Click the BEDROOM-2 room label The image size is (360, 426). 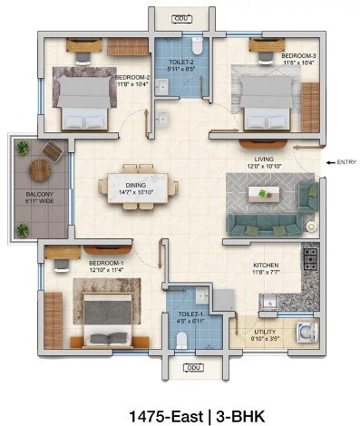pyautogui.click(x=131, y=78)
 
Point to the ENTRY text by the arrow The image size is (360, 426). pyautogui.click(x=346, y=162)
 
